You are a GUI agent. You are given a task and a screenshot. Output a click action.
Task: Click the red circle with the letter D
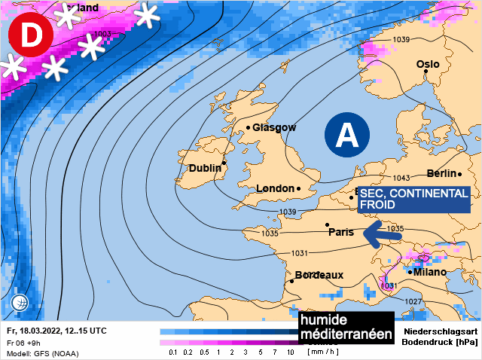[29, 35]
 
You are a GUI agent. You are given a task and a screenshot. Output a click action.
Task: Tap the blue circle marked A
[347, 136]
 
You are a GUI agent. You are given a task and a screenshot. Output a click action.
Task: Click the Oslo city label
[428, 65]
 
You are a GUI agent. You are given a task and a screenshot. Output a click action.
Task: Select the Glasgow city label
[274, 127]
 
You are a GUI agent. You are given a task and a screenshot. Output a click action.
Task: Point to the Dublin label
[205, 168]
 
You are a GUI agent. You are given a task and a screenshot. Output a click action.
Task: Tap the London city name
[274, 188]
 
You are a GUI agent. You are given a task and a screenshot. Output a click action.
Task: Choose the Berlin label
[442, 174]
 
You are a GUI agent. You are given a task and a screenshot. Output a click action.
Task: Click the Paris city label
[341, 232]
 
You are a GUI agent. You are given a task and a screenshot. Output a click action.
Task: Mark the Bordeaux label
[319, 275]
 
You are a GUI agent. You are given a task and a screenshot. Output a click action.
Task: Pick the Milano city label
[430, 272]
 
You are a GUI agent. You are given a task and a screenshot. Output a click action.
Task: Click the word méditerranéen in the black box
[346, 334]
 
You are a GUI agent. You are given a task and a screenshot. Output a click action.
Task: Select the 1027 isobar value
[413, 301]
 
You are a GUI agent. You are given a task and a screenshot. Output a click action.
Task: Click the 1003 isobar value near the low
[103, 34]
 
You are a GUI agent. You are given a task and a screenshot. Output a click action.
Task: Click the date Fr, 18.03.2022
[37, 331]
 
